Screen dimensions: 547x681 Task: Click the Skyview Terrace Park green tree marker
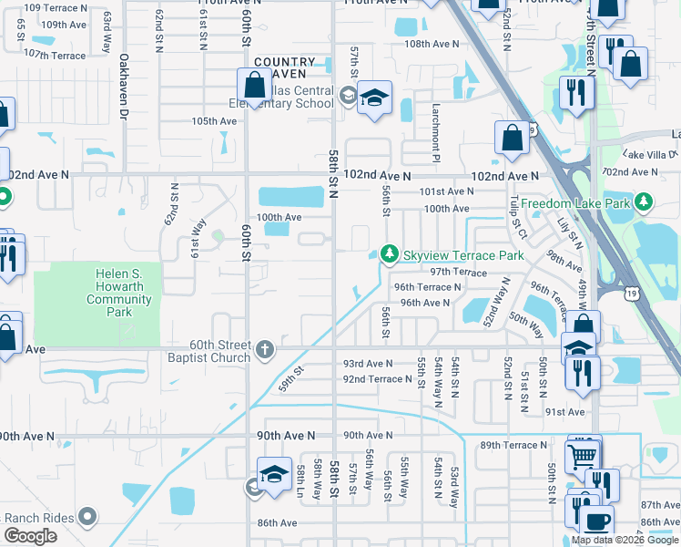[390, 253]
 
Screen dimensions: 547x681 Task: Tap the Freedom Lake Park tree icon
[644, 201]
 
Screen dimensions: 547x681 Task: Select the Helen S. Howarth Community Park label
[125, 293]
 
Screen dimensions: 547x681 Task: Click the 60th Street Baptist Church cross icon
[264, 348]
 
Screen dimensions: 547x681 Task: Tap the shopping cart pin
[583, 455]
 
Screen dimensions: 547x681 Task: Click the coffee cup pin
[597, 522]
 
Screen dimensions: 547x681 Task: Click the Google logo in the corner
[30, 536]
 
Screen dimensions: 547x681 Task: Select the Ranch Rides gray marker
[88, 517]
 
